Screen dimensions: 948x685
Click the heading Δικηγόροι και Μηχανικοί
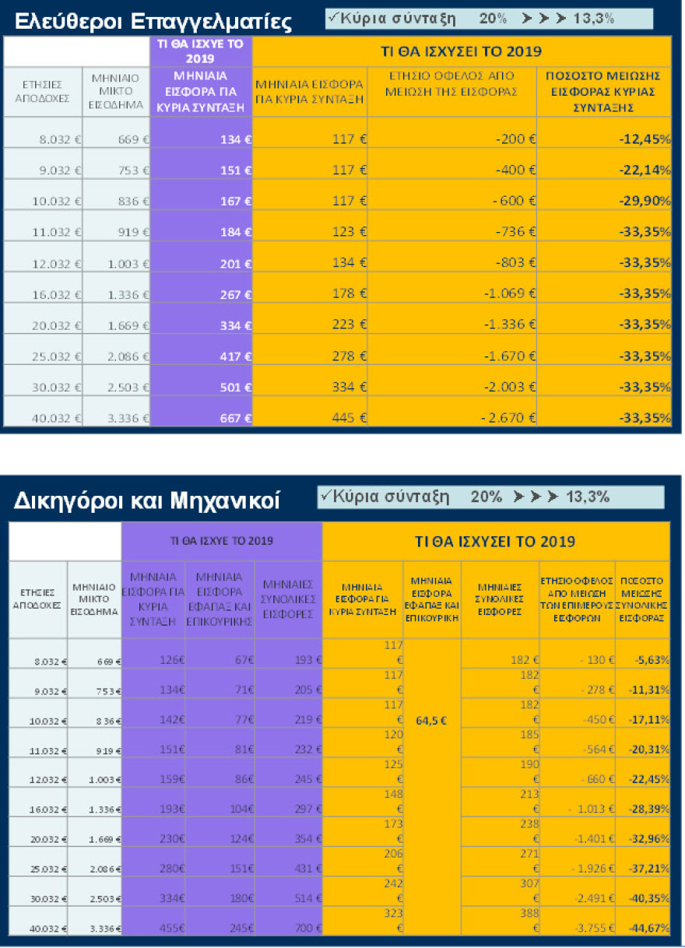point(147,500)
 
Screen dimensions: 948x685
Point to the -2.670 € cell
point(509,418)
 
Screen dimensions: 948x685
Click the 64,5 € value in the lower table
point(431,721)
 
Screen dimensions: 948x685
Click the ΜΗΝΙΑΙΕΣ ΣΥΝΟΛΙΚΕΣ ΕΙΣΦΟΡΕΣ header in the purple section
point(288,598)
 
